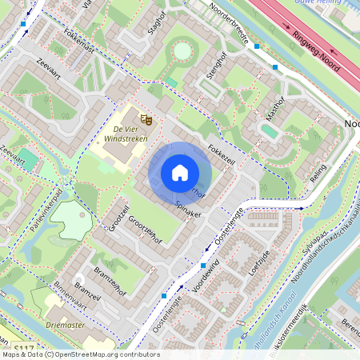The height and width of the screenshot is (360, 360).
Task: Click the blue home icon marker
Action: point(180,173)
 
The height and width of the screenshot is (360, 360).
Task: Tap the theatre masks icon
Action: point(146,119)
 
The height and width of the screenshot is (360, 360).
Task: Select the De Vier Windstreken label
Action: point(126,134)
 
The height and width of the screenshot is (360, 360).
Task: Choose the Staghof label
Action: point(156,25)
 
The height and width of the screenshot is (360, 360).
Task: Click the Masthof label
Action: point(272,110)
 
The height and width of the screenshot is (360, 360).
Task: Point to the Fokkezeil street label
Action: point(221,153)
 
